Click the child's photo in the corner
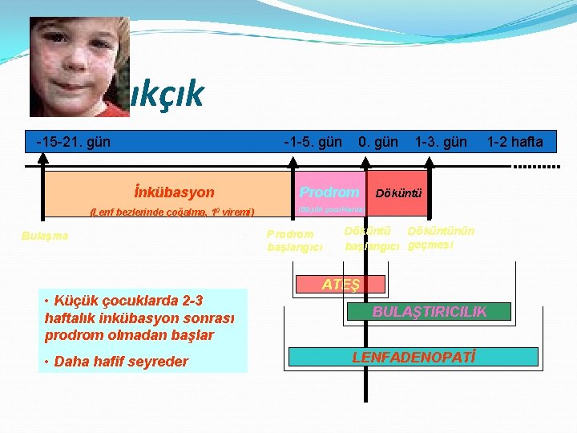click(x=79, y=67)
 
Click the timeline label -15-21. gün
click(x=74, y=142)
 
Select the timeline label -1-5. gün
click(x=313, y=142)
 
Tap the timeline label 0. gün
click(x=378, y=142)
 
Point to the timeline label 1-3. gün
click(x=441, y=142)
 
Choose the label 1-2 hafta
click(x=514, y=142)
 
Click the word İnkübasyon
click(x=175, y=192)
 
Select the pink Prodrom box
click(x=329, y=192)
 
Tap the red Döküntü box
click(x=399, y=193)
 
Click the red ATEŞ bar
click(x=341, y=285)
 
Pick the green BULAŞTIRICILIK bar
click(x=429, y=311)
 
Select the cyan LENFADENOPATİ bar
click(x=414, y=356)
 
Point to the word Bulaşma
click(x=45, y=236)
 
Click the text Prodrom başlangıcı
click(x=294, y=241)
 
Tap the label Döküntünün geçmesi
click(x=441, y=238)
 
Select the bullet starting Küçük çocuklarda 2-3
click(x=140, y=318)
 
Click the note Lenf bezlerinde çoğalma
click(x=172, y=212)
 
